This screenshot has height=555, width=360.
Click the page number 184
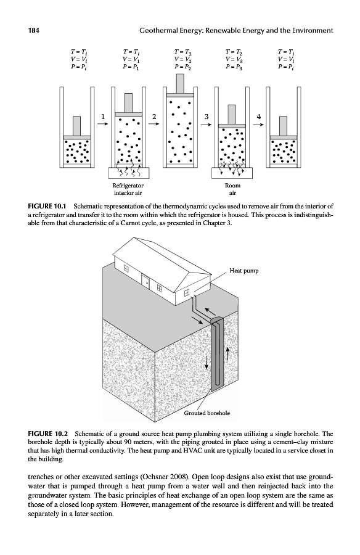33,30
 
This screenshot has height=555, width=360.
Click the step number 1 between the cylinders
103,116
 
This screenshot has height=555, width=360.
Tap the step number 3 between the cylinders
207,116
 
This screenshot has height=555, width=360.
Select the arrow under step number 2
153,124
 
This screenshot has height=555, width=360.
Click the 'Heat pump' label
244,271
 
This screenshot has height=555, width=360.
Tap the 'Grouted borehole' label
207,413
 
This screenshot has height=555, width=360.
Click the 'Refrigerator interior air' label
128,189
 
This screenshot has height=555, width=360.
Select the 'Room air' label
232,189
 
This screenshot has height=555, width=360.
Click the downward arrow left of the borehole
207,362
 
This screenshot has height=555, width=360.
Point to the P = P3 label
234,66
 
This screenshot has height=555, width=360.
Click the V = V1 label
131,59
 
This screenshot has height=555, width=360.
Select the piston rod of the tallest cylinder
180,83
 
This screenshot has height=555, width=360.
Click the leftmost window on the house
125,269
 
